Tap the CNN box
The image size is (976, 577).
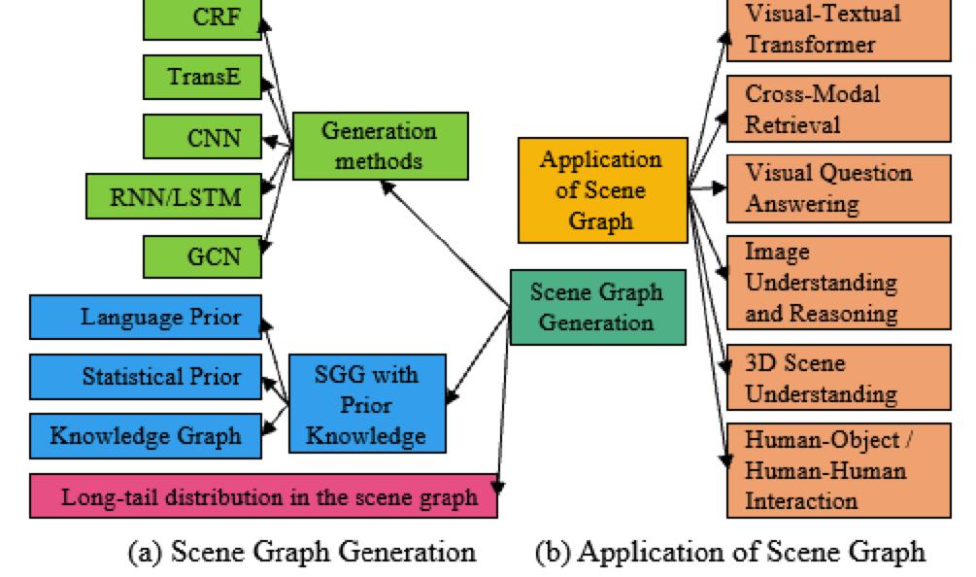[202, 137]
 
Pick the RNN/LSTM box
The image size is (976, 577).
[175, 197]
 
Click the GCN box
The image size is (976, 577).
[202, 256]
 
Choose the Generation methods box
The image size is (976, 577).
[380, 146]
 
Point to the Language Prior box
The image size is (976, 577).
[146, 318]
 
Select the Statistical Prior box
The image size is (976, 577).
[146, 377]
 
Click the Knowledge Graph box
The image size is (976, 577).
[146, 435]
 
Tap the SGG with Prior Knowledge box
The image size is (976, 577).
[367, 403]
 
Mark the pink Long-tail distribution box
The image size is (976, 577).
[263, 497]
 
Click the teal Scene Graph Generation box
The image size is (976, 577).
[597, 306]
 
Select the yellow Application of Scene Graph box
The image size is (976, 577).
[602, 189]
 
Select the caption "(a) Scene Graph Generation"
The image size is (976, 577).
[302, 553]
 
